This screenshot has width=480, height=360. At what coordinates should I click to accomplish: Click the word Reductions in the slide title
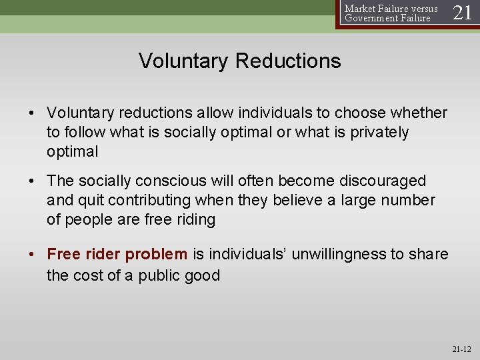(288, 61)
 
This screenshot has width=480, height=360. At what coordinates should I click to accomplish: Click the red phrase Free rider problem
(117, 254)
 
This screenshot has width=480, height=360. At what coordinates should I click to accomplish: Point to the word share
(429, 254)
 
